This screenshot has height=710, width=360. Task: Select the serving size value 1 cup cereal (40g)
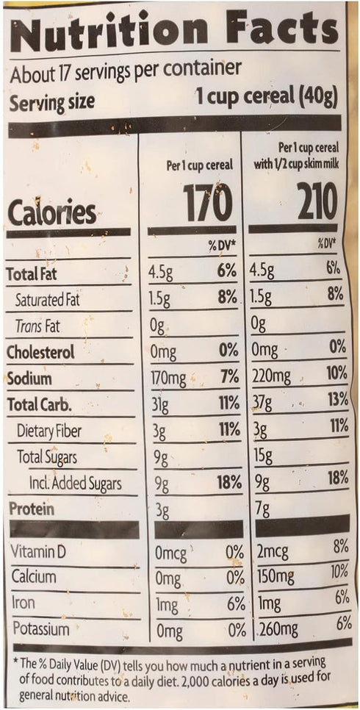267,98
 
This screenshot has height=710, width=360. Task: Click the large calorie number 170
209,201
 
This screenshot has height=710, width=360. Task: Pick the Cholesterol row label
40,352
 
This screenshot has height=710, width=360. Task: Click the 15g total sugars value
263,456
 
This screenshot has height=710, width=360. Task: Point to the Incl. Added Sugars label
75,484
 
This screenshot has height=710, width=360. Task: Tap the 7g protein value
262,509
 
